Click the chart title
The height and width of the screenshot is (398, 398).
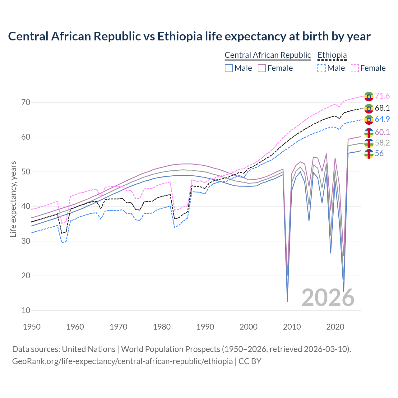pos(189,36)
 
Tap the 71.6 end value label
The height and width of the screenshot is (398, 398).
pos(382,96)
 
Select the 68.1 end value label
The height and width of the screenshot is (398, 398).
pos(382,108)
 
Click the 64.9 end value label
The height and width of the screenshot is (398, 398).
pos(382,119)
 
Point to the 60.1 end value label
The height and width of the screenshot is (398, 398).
pos(382,132)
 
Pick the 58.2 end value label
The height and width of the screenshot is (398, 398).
pos(382,143)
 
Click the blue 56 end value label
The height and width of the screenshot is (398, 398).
pos(379,154)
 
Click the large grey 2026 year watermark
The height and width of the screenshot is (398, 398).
pos(328,298)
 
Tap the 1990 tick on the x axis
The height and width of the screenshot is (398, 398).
pos(205,327)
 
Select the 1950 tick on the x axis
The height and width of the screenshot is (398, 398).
pos(32,327)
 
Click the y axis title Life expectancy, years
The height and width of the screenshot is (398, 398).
pos(13,199)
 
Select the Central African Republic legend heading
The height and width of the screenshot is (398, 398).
pos(268,55)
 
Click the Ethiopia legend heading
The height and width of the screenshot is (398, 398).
pos(332,55)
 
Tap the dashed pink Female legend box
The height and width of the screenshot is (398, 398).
pos(355,68)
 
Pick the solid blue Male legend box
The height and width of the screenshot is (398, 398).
pos(229,68)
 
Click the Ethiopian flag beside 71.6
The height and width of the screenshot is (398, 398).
pos(369,96)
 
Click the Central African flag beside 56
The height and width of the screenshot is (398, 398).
pos(369,154)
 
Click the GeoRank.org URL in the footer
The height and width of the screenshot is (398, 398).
pos(122,361)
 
